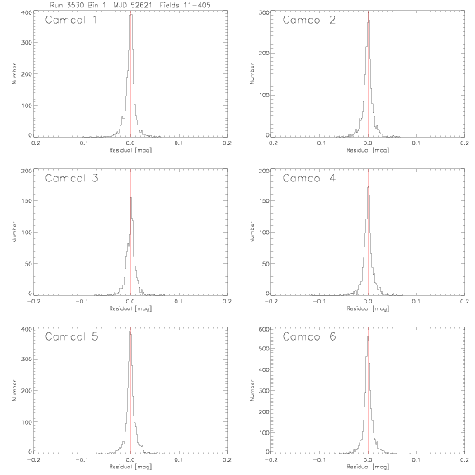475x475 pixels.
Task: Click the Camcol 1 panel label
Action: point(71,20)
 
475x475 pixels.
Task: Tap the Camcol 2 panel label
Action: point(309,20)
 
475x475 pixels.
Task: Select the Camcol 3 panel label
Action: point(72,178)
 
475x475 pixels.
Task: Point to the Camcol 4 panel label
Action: point(309,178)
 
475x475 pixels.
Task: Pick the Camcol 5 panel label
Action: point(72,336)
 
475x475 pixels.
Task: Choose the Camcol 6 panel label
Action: point(309,336)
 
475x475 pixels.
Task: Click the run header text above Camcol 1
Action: point(130,5)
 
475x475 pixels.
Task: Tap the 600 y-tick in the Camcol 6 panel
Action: point(265,329)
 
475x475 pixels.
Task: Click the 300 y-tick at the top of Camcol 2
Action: point(265,12)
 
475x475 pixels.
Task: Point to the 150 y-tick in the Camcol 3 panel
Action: point(26,201)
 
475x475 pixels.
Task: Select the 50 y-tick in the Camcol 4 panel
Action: point(266,264)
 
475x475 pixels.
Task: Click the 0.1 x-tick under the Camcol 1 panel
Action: point(179,143)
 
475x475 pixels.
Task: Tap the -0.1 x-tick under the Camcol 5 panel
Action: point(81,460)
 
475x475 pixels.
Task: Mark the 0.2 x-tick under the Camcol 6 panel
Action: point(464,460)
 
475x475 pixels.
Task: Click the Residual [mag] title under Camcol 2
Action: point(368,150)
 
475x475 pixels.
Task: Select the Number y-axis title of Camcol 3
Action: point(14,232)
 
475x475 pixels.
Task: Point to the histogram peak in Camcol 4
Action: point(369,187)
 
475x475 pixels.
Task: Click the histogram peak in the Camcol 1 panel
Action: point(131,15)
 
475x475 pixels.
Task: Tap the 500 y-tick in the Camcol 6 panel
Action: point(265,348)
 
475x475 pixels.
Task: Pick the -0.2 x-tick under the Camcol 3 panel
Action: point(34,302)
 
